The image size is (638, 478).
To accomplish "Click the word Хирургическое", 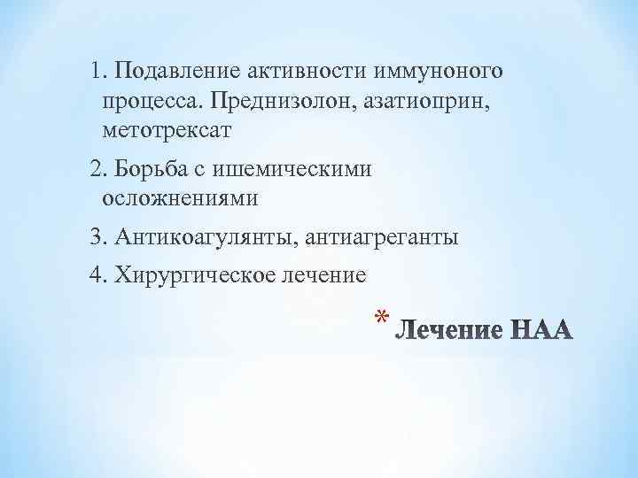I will [192, 274].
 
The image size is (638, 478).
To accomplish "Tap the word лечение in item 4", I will [323, 274].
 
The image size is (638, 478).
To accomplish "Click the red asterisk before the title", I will [381, 320].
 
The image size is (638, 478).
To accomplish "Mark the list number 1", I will [97, 70].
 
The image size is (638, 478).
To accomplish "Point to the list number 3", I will [97, 237].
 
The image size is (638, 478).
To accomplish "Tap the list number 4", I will [97, 274].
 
